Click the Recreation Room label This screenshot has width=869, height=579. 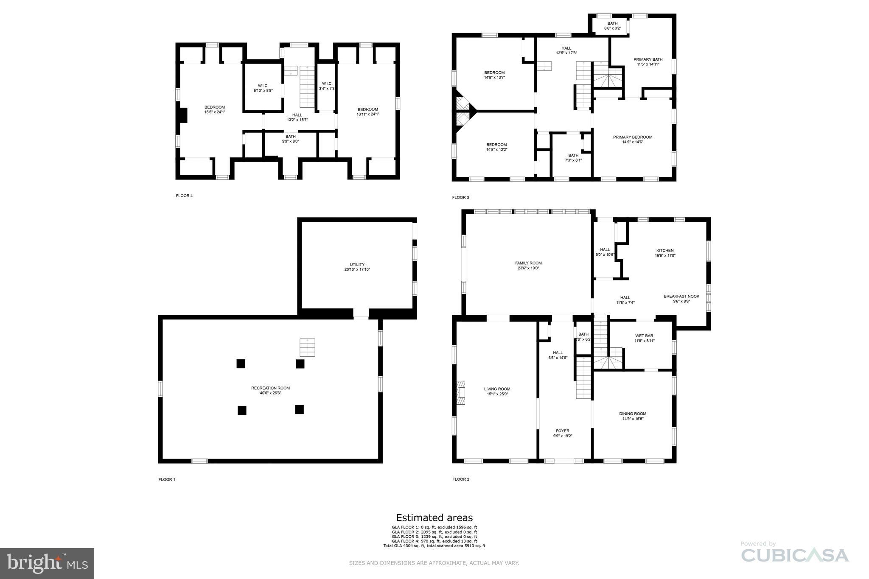point(270,390)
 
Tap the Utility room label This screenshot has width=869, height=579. point(357,267)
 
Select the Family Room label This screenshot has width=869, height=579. point(528,266)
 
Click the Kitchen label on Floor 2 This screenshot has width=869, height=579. point(665,253)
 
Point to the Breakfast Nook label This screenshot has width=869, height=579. point(681,299)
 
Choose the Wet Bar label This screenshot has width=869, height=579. point(644,338)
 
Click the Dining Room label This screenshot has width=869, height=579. point(632,416)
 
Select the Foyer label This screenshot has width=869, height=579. point(563,433)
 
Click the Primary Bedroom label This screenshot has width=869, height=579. point(632,140)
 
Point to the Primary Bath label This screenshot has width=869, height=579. point(648,62)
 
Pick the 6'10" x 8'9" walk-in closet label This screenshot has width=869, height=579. point(263,88)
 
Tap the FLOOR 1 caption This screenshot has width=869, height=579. point(167,479)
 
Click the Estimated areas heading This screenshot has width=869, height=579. point(434,517)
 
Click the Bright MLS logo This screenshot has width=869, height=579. point(47,563)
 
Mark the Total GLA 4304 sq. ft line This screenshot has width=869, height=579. point(434,546)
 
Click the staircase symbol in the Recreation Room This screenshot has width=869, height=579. point(307,347)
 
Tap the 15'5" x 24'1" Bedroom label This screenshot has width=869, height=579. point(215,109)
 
